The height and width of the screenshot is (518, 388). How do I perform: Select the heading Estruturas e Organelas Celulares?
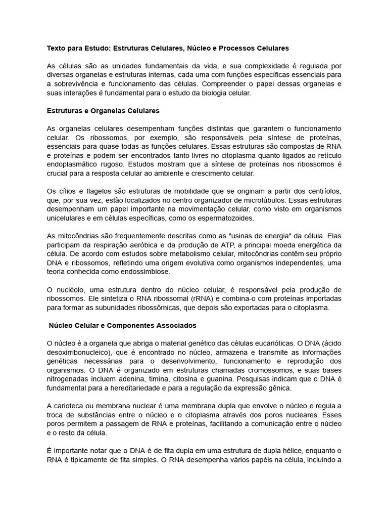pyautogui.click(x=103, y=110)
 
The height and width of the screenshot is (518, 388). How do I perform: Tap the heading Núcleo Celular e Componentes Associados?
pyautogui.click(x=123, y=325)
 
